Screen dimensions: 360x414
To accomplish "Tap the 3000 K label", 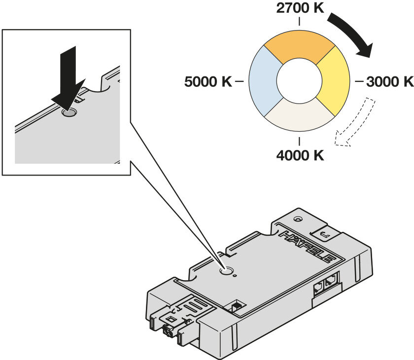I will pos(389,81).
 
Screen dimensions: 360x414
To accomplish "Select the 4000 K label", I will pos(300,155).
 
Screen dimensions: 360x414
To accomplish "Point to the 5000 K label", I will pos(208,81).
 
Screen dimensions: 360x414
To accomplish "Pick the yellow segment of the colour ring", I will pos(333,79).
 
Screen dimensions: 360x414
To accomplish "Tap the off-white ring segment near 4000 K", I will pos(300,115).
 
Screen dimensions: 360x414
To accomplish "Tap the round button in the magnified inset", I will pos(69,113).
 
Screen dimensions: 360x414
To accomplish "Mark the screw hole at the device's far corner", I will pos(297,218).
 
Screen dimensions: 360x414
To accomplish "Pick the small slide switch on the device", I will pos(237,306).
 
